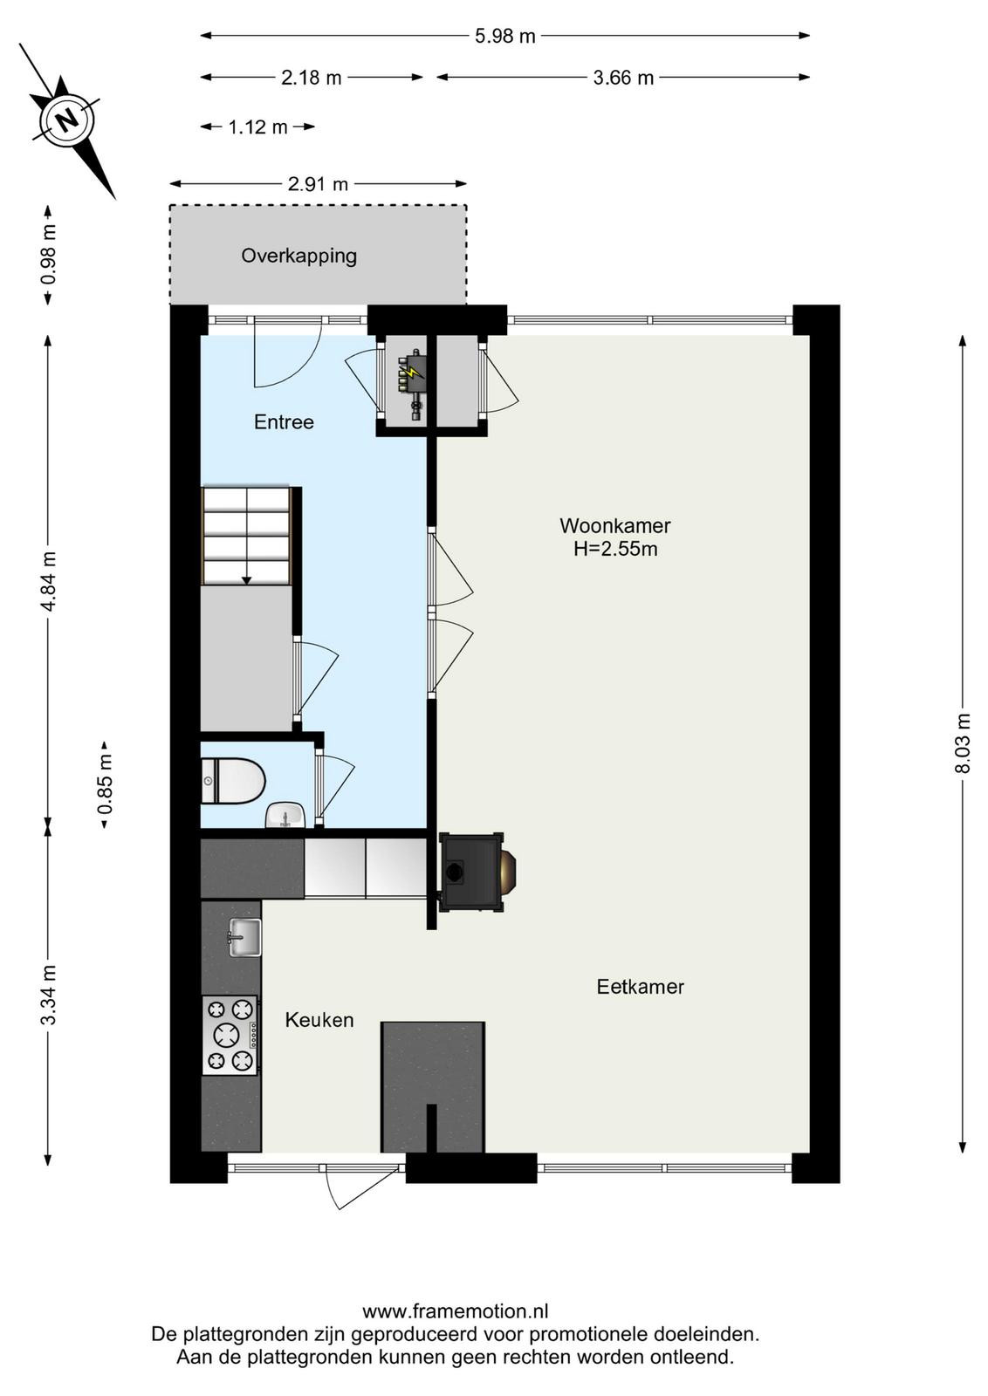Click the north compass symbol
(67, 120)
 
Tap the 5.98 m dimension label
(504, 36)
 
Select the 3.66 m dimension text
(623, 78)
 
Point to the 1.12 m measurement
(257, 127)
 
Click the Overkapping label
(299, 257)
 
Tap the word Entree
(284, 422)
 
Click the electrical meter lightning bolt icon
(412, 372)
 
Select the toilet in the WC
(233, 780)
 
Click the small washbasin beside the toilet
(285, 815)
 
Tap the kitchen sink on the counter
(245, 937)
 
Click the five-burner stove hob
(230, 1035)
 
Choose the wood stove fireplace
(477, 872)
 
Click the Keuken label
(319, 1020)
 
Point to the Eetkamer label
(640, 987)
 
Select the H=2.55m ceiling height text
(615, 549)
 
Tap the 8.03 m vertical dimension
(963, 742)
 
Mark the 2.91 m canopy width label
(318, 184)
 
